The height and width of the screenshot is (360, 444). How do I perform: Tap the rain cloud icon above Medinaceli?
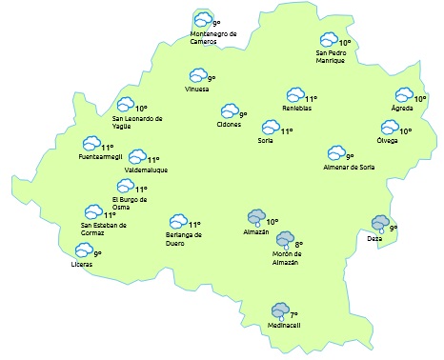click(x=279, y=310)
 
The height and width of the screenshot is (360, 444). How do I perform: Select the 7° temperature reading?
click(x=294, y=314)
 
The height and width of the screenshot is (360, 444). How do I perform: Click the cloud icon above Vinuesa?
click(x=198, y=75)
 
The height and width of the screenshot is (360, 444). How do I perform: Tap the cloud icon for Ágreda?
click(x=404, y=96)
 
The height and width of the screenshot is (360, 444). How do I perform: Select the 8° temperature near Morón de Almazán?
click(x=298, y=245)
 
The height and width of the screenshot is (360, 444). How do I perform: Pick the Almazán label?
click(x=256, y=231)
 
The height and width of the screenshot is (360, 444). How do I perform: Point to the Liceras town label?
click(x=83, y=264)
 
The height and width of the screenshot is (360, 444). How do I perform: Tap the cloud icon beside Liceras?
click(x=84, y=250)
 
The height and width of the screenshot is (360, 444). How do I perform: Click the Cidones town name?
click(x=230, y=125)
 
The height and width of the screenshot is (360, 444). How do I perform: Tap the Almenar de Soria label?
click(x=349, y=167)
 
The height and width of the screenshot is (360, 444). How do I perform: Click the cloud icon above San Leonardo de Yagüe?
click(x=125, y=107)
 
